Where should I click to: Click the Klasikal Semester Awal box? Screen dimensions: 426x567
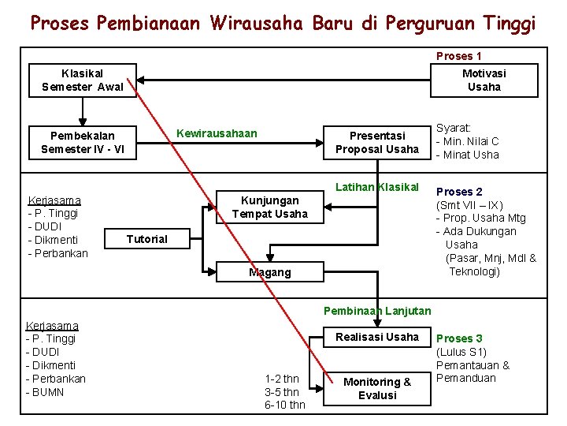click(x=82, y=80)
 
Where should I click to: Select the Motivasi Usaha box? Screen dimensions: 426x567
click(x=484, y=80)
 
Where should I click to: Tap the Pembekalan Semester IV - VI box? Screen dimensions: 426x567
click(x=82, y=142)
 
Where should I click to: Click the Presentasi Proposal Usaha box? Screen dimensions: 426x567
click(x=376, y=142)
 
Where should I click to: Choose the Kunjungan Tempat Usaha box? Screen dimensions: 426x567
click(x=269, y=207)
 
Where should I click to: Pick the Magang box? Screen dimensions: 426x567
click(x=269, y=272)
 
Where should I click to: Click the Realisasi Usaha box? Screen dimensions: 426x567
click(x=376, y=337)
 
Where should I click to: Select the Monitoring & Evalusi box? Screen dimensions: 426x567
click(x=376, y=388)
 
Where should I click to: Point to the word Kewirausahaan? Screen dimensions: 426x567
click(x=217, y=133)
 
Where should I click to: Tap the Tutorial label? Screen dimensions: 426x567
click(x=147, y=239)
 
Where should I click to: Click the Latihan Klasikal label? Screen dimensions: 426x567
click(x=376, y=187)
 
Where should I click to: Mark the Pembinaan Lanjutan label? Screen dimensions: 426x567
click(x=376, y=311)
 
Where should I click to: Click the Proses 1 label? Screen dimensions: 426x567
click(x=459, y=56)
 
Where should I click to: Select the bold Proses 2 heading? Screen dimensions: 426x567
click(x=460, y=192)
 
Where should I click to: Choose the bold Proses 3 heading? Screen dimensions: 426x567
click(x=460, y=338)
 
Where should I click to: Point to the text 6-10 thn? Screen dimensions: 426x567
click(x=284, y=405)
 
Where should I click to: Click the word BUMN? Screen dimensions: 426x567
click(x=49, y=392)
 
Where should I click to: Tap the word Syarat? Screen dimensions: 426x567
click(x=454, y=128)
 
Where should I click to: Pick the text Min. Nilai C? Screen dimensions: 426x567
click(x=471, y=141)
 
